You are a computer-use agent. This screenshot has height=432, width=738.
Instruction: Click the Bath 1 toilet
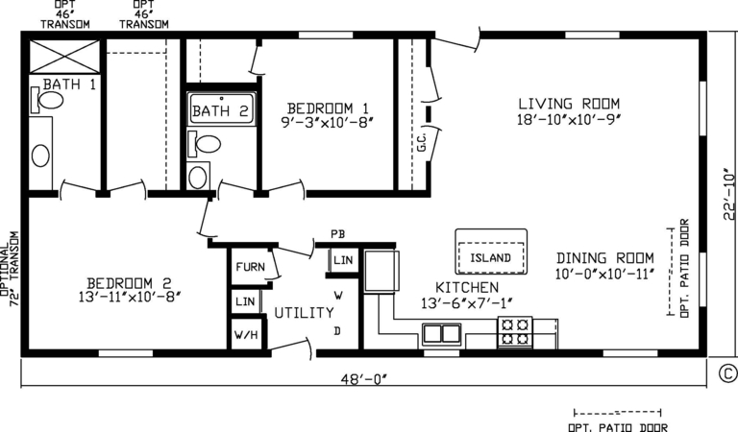pos(47,100)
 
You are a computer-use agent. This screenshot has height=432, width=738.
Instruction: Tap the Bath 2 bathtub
pos(221,108)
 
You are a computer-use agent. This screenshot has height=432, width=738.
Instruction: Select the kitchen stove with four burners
pos(515,332)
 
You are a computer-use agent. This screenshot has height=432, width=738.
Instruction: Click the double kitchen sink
pos(441,334)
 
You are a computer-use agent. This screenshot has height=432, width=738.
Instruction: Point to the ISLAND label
pos(490,257)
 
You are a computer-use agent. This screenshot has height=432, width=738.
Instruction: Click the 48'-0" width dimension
pos(364,379)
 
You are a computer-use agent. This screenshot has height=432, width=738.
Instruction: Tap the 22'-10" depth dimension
pos(729,194)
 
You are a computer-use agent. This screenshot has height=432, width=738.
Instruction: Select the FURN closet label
pos(251,267)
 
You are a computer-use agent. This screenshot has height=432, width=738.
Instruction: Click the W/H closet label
pos(246,335)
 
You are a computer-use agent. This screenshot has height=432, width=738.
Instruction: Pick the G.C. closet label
pos(421,142)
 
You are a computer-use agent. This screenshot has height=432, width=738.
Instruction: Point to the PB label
pos(338,234)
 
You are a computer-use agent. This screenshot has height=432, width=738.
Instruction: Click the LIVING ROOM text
pos(569,104)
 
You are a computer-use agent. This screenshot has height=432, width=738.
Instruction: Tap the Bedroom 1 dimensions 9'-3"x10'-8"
pos(328,122)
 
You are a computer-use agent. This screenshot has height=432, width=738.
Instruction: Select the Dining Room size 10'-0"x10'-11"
pos(604,274)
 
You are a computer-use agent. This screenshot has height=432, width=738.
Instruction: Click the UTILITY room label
pos(304,313)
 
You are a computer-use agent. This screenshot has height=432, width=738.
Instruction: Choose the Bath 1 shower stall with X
pos(65,57)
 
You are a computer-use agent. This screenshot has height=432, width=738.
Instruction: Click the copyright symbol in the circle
pos(728,373)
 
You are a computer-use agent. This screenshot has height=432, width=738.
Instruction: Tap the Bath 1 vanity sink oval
pos(40,156)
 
